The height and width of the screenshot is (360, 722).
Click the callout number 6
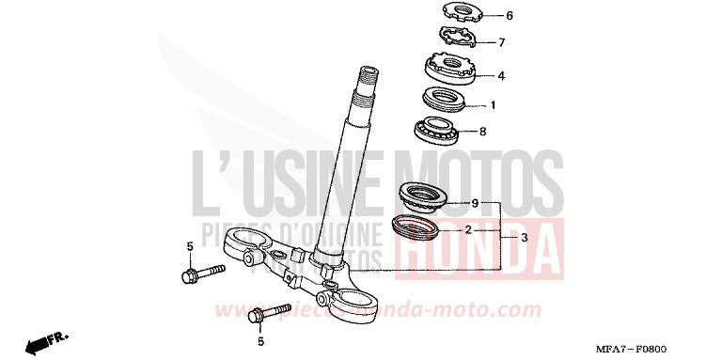(484, 16)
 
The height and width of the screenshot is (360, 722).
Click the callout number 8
(483, 132)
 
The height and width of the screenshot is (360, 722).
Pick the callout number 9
(476, 203)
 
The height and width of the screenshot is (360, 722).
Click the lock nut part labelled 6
(447, 15)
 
